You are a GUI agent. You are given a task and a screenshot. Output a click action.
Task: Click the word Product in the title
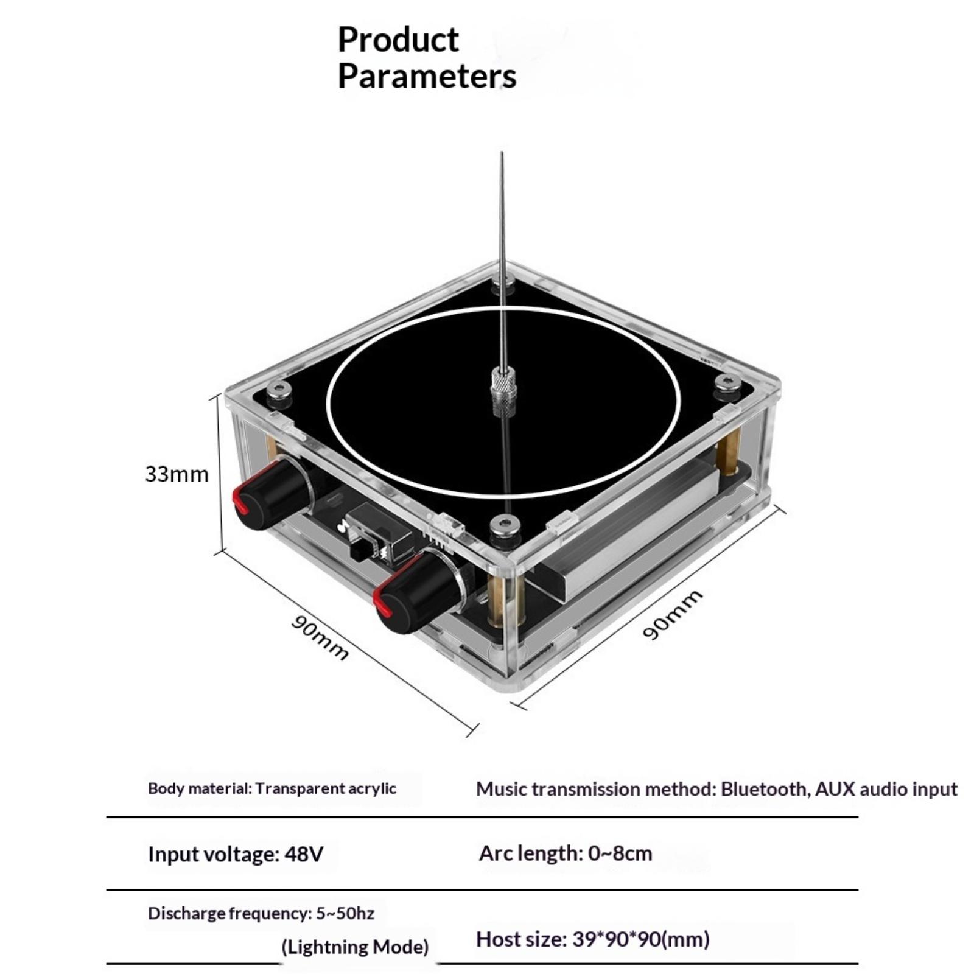tap(398, 40)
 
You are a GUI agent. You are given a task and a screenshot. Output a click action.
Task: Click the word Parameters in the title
tap(427, 77)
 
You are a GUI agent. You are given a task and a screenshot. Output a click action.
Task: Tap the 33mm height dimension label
tap(177, 474)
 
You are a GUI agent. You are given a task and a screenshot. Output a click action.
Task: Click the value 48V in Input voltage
tap(304, 854)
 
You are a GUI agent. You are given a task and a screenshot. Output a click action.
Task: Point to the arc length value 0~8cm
tap(620, 853)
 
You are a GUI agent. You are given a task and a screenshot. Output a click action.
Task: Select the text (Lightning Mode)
tap(355, 947)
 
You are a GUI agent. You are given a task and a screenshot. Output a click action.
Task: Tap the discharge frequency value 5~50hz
tap(345, 913)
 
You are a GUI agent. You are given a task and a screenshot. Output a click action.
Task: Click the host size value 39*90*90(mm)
tap(640, 939)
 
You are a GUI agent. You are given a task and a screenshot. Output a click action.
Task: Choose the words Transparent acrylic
tap(326, 788)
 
